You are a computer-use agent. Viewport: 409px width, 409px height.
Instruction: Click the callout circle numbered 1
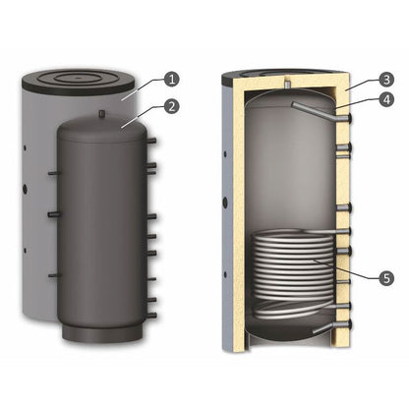click(x=173, y=78)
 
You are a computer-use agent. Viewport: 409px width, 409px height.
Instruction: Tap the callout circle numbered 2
click(x=173, y=104)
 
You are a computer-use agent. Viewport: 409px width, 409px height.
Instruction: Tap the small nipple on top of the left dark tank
click(x=101, y=115)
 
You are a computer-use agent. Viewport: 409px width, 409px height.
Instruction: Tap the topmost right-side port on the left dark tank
click(x=152, y=143)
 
